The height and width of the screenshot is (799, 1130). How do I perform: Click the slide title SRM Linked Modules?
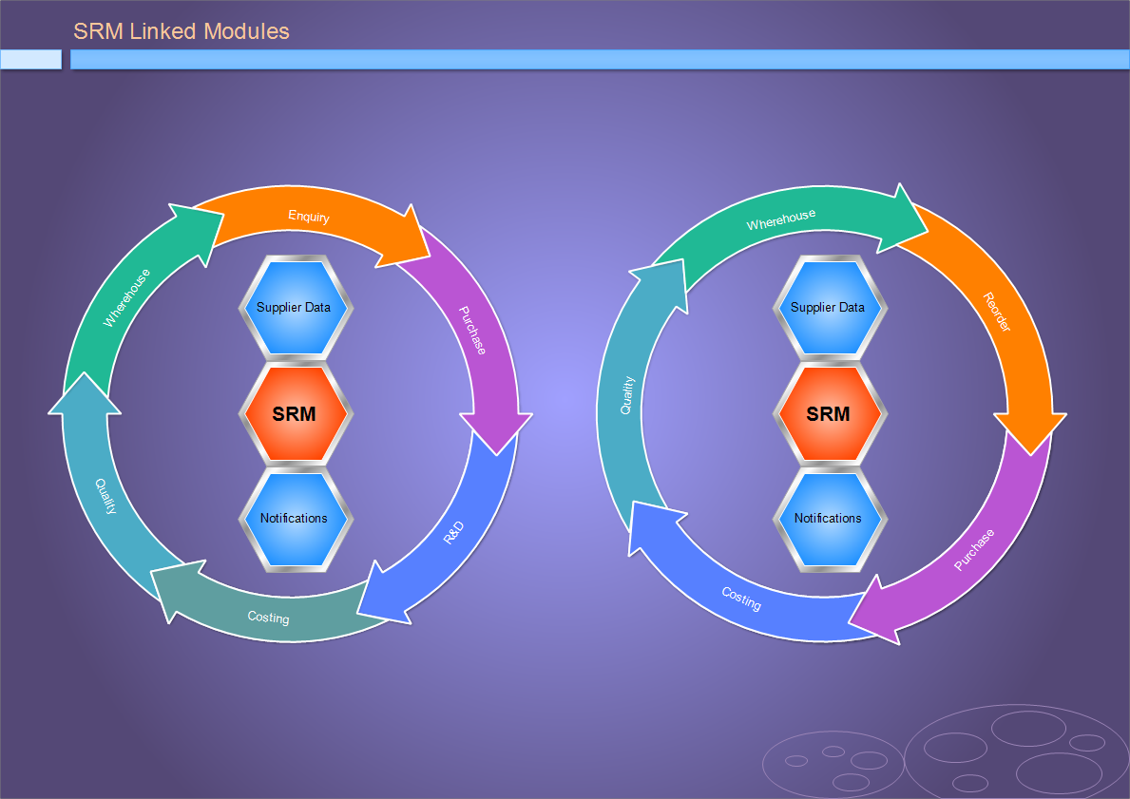[181, 31]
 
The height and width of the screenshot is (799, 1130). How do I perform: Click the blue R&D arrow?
[454, 533]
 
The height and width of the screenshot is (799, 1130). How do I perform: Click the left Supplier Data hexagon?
[295, 307]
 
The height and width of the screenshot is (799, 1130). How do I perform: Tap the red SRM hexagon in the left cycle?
[295, 413]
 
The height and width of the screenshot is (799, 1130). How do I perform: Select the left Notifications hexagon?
[295, 519]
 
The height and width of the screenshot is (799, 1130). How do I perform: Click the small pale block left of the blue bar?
[31, 60]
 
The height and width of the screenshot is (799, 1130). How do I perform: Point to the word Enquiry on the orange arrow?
[309, 217]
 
